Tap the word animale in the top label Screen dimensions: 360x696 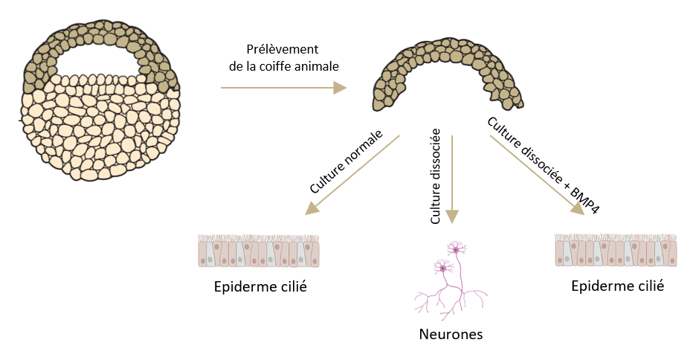pyautogui.click(x=316, y=66)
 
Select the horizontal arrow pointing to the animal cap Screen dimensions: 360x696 pyautogui.click(x=283, y=88)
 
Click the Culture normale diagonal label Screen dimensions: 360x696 pyautogui.click(x=346, y=162)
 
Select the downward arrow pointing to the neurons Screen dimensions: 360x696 pyautogui.click(x=452, y=179)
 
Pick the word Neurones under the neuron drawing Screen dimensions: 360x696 pyautogui.click(x=451, y=334)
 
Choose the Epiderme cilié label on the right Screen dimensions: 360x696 pyautogui.click(x=617, y=286)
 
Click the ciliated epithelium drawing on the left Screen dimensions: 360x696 pyautogui.click(x=259, y=251)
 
